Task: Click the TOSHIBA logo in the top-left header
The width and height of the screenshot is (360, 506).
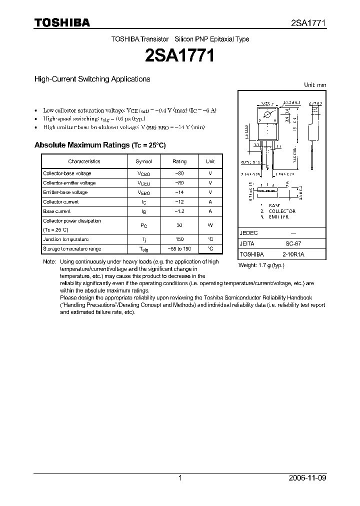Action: pyautogui.click(x=62, y=22)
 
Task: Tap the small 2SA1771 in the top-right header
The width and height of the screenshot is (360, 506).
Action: pyautogui.click(x=308, y=23)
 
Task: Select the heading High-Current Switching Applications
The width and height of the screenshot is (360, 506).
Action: pyautogui.click(x=92, y=79)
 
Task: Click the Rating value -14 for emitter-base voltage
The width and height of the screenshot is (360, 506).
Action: pyautogui.click(x=179, y=192)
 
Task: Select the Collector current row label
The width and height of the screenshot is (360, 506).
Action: pyautogui.click(x=60, y=202)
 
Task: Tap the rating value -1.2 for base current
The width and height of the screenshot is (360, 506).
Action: pyautogui.click(x=179, y=211)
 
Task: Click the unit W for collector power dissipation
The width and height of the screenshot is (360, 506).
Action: pyautogui.click(x=210, y=225)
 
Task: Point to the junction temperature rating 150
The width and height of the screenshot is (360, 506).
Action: pyautogui.click(x=179, y=239)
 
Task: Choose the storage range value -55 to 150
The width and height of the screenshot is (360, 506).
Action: pyautogui.click(x=179, y=248)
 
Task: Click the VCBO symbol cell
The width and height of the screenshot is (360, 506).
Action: pyautogui.click(x=143, y=173)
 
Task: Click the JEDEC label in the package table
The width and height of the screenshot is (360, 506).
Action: pyautogui.click(x=248, y=233)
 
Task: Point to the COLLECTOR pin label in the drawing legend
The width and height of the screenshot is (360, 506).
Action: pyautogui.click(x=282, y=211)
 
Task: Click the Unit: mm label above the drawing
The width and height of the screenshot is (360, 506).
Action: pyautogui.click(x=315, y=85)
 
